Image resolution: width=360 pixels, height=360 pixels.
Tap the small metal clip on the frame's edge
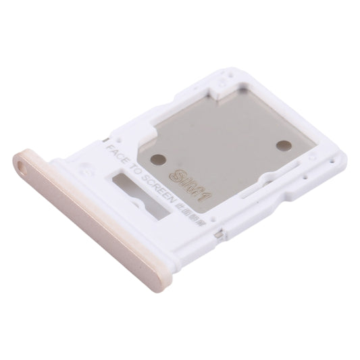point(217,234)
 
